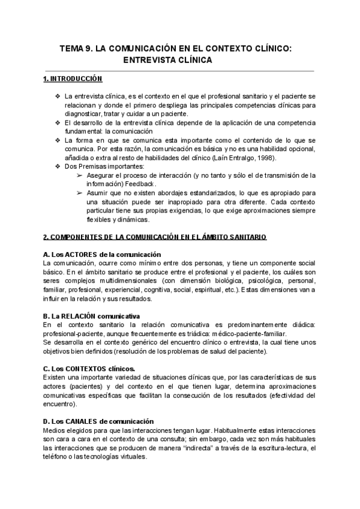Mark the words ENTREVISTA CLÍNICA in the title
click(x=167, y=61)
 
